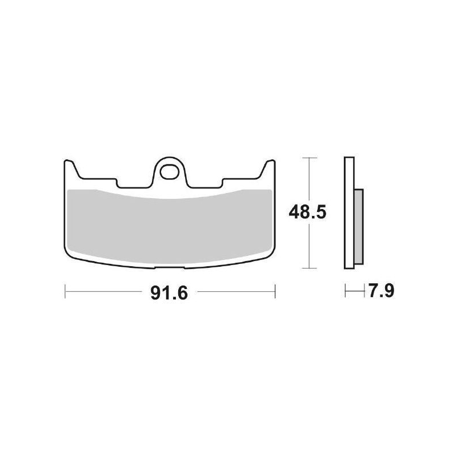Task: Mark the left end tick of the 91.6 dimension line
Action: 66,292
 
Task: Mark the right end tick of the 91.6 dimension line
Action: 275,292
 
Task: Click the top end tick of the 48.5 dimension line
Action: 309,157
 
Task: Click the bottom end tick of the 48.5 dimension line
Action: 309,268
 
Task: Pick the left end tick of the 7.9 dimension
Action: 346,292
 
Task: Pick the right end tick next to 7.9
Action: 364,292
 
